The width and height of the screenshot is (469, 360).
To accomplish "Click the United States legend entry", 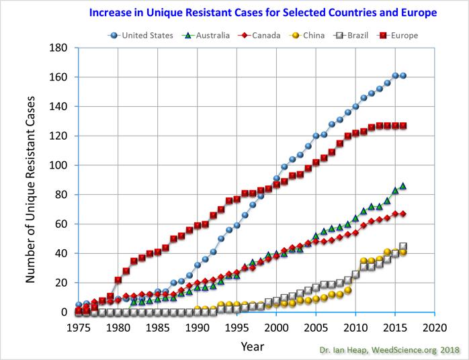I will (146, 35).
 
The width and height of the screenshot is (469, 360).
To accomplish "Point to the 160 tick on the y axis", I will (62, 77).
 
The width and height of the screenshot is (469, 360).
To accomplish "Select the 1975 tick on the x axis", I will (79, 327).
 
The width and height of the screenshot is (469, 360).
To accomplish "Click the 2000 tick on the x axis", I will (276, 327).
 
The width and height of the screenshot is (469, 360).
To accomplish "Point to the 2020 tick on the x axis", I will (434, 327).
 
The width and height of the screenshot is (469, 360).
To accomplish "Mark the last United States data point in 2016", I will (402, 76).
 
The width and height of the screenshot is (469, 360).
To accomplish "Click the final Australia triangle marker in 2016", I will (402, 185).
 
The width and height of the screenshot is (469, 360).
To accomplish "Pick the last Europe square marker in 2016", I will (402, 126).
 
